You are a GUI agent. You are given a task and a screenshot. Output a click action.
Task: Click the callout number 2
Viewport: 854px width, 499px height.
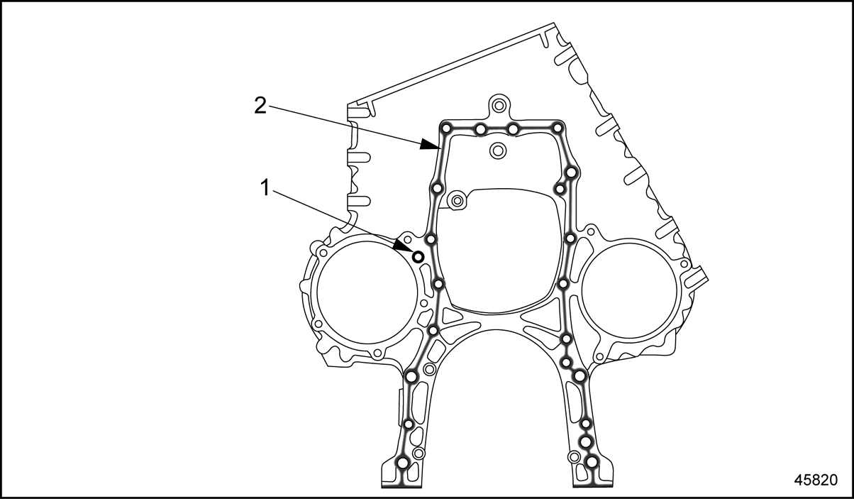pyautogui.click(x=260, y=105)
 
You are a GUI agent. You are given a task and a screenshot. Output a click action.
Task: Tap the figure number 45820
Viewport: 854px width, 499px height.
pyautogui.click(x=816, y=480)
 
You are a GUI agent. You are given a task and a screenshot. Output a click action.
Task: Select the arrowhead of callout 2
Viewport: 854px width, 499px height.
pyautogui.click(x=431, y=145)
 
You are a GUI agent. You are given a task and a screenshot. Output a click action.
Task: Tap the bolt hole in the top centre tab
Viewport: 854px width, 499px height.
pyautogui.click(x=498, y=104)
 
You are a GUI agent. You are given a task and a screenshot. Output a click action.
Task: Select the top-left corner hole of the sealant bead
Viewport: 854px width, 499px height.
pyautogui.click(x=445, y=128)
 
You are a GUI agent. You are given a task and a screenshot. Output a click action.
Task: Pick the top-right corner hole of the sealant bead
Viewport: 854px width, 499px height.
pyautogui.click(x=558, y=128)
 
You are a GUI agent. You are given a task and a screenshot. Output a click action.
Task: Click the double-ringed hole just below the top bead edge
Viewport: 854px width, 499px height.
pyautogui.click(x=497, y=150)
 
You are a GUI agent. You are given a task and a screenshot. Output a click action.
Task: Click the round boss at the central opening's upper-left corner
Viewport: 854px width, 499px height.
pyautogui.click(x=456, y=200)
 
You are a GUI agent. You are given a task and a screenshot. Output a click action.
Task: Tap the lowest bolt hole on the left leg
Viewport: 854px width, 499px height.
pyautogui.click(x=403, y=463)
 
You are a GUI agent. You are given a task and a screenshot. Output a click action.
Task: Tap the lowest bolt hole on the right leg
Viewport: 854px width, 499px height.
pyautogui.click(x=592, y=462)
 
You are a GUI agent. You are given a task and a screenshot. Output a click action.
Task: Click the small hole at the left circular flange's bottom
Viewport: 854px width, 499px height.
pyautogui.click(x=377, y=353)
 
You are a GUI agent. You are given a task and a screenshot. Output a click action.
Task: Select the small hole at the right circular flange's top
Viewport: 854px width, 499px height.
pyautogui.click(x=591, y=231)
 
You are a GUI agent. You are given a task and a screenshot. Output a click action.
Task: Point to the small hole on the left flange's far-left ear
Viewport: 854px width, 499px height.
pyautogui.click(x=323, y=253)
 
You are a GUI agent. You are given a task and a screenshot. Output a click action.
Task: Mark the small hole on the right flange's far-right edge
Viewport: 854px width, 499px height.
pyautogui.click(x=684, y=263)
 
